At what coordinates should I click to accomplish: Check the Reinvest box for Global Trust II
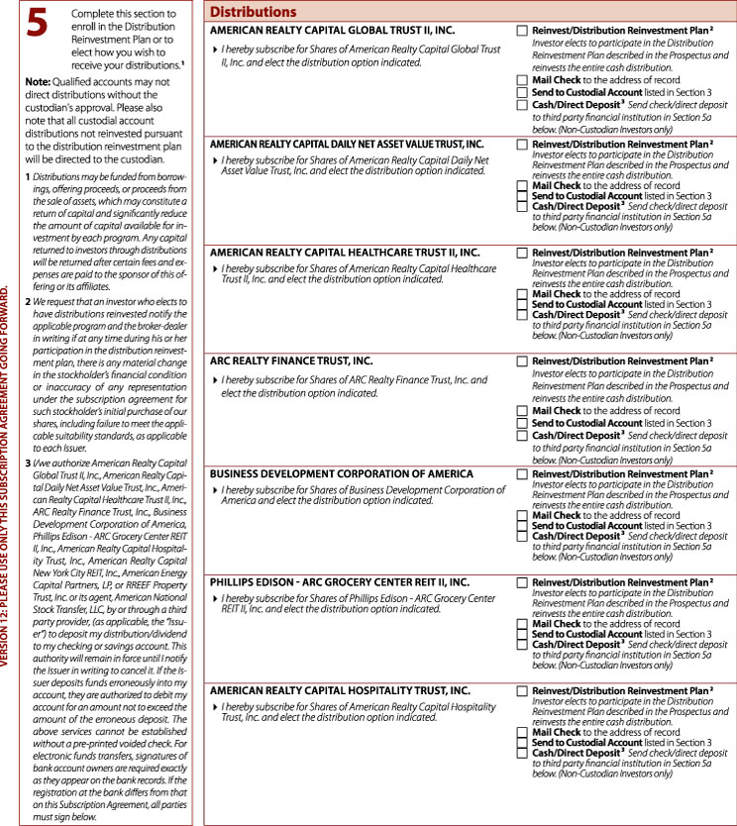(522, 32)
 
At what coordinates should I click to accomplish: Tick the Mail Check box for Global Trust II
(522, 77)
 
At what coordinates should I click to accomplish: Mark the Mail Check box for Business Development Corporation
(522, 515)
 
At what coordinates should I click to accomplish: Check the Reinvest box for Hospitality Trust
(522, 691)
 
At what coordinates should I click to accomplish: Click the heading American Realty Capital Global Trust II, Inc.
(333, 31)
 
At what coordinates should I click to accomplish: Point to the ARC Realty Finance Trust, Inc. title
(291, 363)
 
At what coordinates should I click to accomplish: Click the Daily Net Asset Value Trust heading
(347, 144)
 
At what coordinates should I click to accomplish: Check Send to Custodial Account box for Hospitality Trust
(522, 742)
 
